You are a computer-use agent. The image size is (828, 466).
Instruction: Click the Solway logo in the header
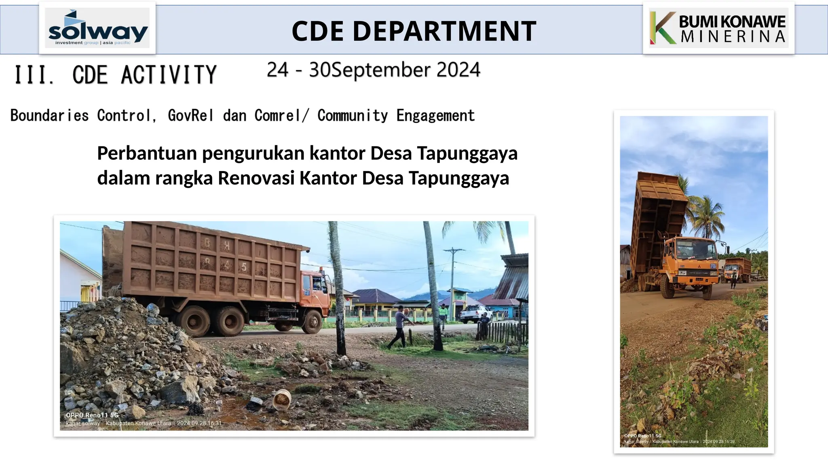(97, 28)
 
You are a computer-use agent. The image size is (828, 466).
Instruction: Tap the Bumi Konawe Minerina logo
(718, 28)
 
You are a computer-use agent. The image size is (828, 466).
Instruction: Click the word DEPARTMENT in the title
(444, 31)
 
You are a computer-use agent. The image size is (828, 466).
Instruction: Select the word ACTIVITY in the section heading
(169, 75)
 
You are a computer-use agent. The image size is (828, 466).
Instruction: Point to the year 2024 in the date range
(458, 70)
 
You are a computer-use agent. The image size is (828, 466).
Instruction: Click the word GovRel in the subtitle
(190, 116)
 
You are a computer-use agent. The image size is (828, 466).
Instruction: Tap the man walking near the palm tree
(399, 326)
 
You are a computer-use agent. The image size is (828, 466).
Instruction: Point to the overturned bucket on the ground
(282, 400)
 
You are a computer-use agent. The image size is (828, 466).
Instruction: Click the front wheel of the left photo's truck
(312, 322)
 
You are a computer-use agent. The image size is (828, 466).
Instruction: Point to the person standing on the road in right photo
(733, 280)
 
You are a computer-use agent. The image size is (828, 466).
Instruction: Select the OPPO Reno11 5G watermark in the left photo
(92, 415)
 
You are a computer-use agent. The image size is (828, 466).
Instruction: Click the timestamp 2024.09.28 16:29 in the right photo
(718, 442)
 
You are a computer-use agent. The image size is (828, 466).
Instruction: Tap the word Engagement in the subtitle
(435, 116)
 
